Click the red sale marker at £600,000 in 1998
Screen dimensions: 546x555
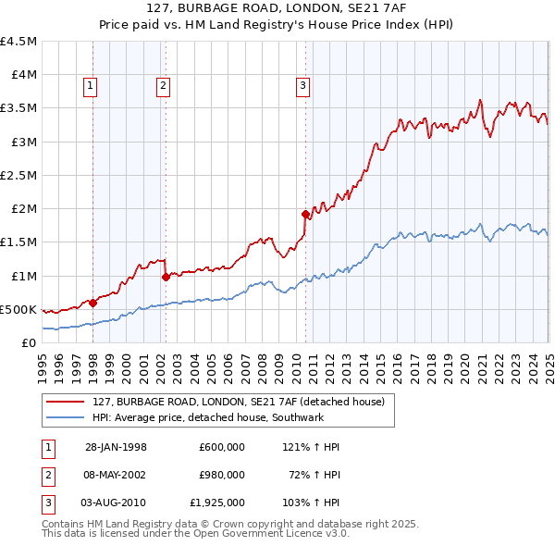click(x=93, y=302)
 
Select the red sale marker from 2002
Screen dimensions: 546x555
click(x=166, y=276)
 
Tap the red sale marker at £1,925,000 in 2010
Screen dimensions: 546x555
click(x=305, y=213)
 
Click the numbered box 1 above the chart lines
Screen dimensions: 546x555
click(x=91, y=87)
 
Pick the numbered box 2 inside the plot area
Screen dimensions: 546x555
click(x=163, y=87)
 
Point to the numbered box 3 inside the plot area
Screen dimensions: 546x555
click(x=302, y=87)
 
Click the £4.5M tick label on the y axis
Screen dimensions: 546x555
click(x=18, y=42)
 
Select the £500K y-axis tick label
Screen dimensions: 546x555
click(x=18, y=309)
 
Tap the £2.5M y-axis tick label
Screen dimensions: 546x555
click(x=18, y=175)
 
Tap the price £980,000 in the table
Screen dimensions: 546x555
click(x=222, y=475)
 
